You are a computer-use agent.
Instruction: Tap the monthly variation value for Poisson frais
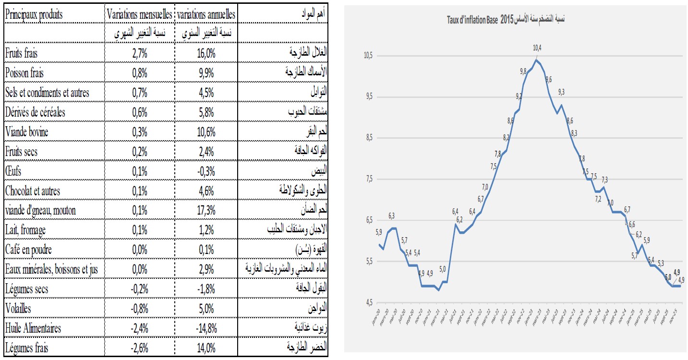(139, 73)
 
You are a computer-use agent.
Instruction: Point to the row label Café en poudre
(28, 250)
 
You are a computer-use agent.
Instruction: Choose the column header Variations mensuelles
(139, 15)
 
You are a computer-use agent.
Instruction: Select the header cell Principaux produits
(34, 15)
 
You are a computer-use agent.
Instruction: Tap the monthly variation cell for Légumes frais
(139, 348)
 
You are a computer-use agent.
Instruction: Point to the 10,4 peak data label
(537, 48)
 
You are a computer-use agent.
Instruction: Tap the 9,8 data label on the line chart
(523, 72)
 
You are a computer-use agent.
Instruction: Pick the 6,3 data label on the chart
(392, 216)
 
